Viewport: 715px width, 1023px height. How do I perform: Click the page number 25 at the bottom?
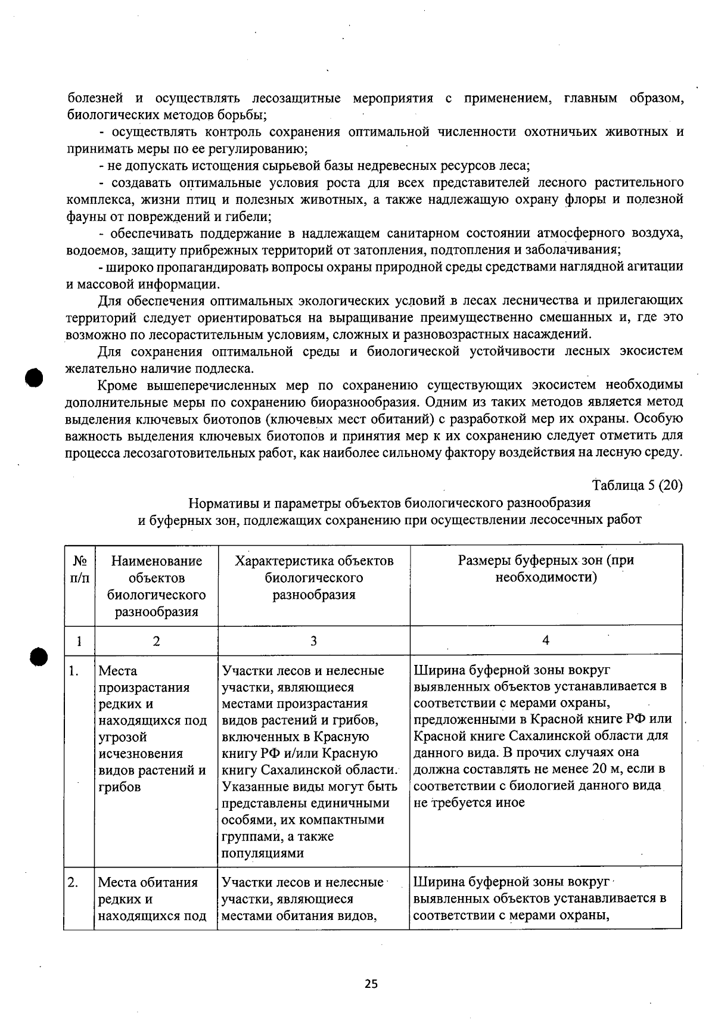click(x=371, y=984)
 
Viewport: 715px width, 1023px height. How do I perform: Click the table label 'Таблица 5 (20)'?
click(x=637, y=484)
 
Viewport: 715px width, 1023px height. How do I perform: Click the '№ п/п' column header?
click(x=79, y=569)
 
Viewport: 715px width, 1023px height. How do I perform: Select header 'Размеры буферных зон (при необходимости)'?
click(x=546, y=568)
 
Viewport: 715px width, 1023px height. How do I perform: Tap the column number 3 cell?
click(x=313, y=640)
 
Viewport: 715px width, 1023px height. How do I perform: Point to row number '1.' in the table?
click(x=73, y=671)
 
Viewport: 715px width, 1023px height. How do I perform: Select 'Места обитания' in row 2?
click(x=148, y=882)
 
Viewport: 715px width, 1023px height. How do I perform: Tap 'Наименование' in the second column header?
click(x=156, y=561)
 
